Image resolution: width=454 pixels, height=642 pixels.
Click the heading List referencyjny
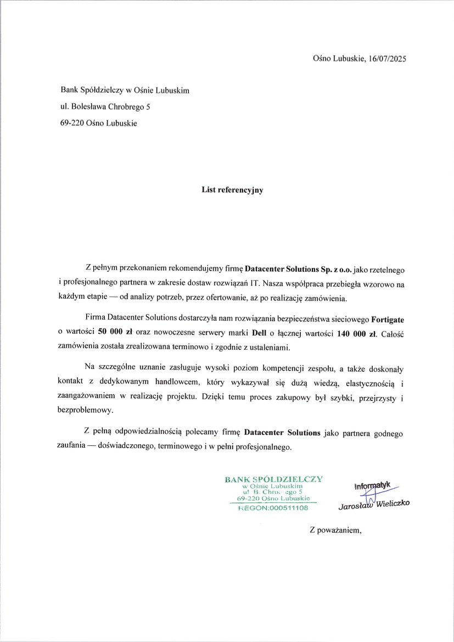pos(232,190)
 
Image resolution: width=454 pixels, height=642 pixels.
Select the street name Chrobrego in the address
pos(125,107)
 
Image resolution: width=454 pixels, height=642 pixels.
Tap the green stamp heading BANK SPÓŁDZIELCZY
pos(273,479)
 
